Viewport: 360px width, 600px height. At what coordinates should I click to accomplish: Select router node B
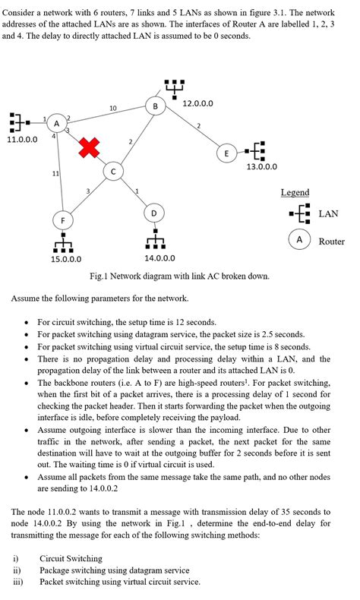pyautogui.click(x=156, y=106)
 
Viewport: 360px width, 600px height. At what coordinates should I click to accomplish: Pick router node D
pyautogui.click(x=154, y=213)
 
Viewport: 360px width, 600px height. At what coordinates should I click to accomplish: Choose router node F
pyautogui.click(x=63, y=220)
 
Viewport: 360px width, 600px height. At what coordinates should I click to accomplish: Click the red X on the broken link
pyautogui.click(x=89, y=149)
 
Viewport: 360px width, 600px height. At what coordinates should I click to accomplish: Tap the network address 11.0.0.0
pyautogui.click(x=22, y=140)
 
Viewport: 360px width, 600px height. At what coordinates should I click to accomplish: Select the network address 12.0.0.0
pyautogui.click(x=198, y=103)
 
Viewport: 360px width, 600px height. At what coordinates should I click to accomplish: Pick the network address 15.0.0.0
pyautogui.click(x=66, y=259)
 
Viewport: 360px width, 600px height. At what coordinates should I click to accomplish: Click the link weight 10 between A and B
pyautogui.click(x=112, y=109)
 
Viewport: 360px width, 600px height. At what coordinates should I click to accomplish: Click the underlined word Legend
pyautogui.click(x=295, y=192)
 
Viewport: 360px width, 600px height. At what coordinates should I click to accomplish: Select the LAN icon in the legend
pyautogui.click(x=299, y=214)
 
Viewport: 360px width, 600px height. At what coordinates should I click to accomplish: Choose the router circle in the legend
pyautogui.click(x=299, y=240)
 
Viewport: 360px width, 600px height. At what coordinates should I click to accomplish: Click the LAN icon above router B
pyautogui.click(x=173, y=87)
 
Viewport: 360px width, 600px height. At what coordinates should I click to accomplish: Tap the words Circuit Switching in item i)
pyautogui.click(x=71, y=558)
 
